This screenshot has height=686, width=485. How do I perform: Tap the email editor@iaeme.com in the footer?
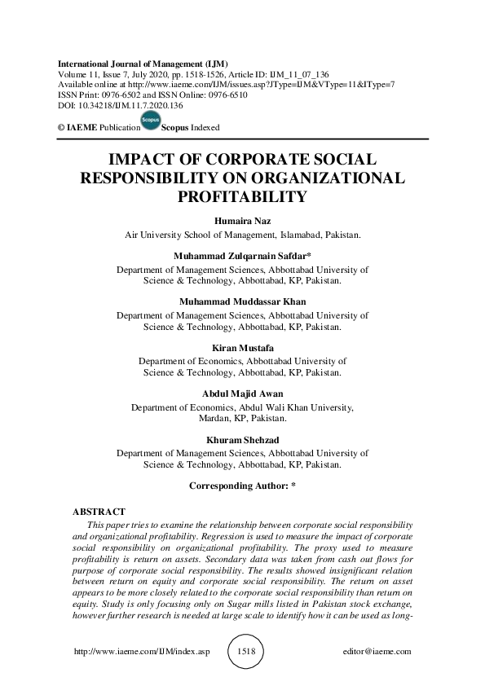pos(378,652)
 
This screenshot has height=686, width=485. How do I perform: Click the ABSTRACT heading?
pos(99,512)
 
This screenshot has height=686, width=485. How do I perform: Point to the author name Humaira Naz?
pos(242,222)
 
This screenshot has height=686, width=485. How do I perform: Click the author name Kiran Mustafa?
pos(242,348)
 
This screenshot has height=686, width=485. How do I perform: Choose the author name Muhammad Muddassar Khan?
pos(242,301)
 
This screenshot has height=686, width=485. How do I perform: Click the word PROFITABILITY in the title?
pos(242,196)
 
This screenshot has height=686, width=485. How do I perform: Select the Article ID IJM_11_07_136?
pos(301,74)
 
